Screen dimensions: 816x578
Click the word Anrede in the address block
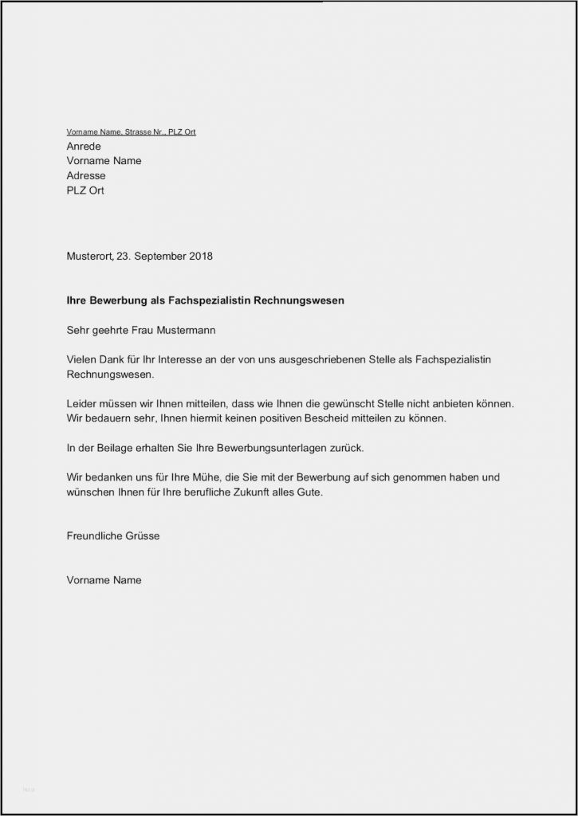84,147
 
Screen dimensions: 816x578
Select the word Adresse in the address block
86,175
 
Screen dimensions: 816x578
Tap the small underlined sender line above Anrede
131,131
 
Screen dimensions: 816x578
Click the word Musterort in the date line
89,257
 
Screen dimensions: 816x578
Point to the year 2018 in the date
201,257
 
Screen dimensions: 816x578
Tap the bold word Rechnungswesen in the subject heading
298,300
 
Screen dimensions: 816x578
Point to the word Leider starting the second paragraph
82,404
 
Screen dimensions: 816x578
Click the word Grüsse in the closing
141,535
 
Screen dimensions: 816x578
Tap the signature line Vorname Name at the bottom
104,580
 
